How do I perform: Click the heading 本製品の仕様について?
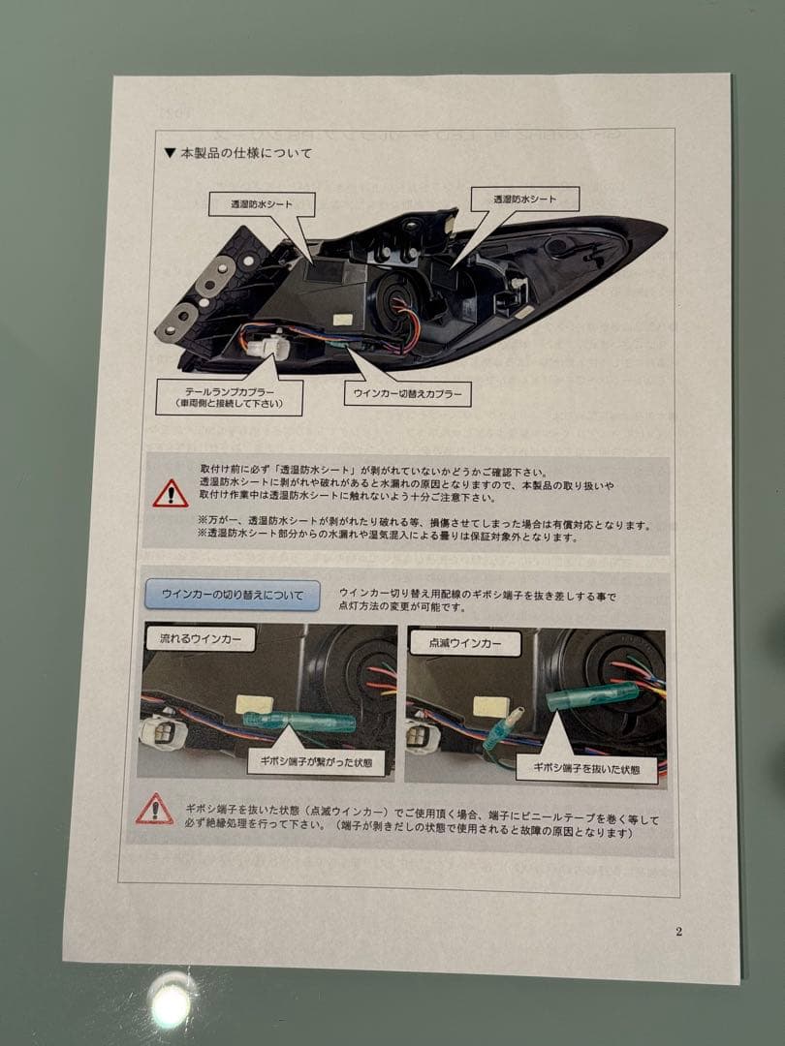pos(243,153)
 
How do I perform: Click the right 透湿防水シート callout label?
pos(524,199)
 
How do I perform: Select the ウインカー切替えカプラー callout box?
pos(407,394)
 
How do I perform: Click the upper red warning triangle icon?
pos(171,494)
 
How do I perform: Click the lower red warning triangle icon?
pos(155,809)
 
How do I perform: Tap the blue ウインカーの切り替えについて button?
pos(232,594)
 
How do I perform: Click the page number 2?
pos(678,932)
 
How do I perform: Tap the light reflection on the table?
pos(171,1003)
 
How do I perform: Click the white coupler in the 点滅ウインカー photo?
pos(423,736)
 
